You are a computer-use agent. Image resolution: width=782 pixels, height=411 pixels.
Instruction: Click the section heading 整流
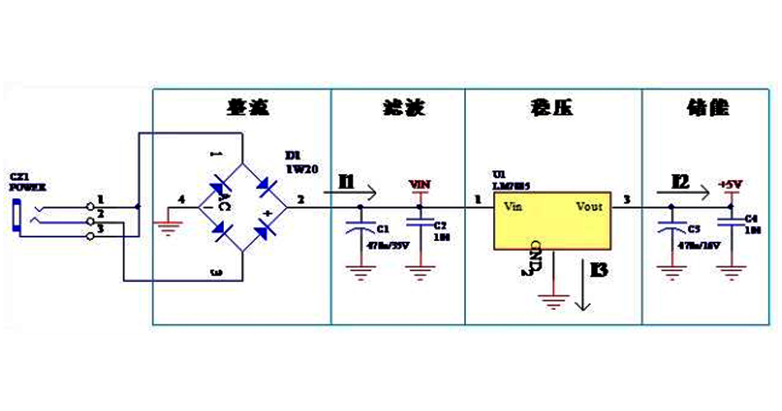(248, 108)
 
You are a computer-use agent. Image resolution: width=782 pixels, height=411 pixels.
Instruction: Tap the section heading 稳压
(552, 108)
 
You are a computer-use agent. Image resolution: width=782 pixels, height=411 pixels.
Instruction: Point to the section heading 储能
(708, 108)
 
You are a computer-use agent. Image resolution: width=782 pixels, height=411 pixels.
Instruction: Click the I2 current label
(679, 182)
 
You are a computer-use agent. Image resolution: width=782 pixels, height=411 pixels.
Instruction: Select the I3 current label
(599, 270)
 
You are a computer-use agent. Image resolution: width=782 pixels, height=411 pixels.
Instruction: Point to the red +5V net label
(730, 184)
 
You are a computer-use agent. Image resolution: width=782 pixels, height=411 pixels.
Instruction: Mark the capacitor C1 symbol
(358, 233)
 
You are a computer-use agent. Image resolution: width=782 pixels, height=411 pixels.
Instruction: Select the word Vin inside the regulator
(514, 206)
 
